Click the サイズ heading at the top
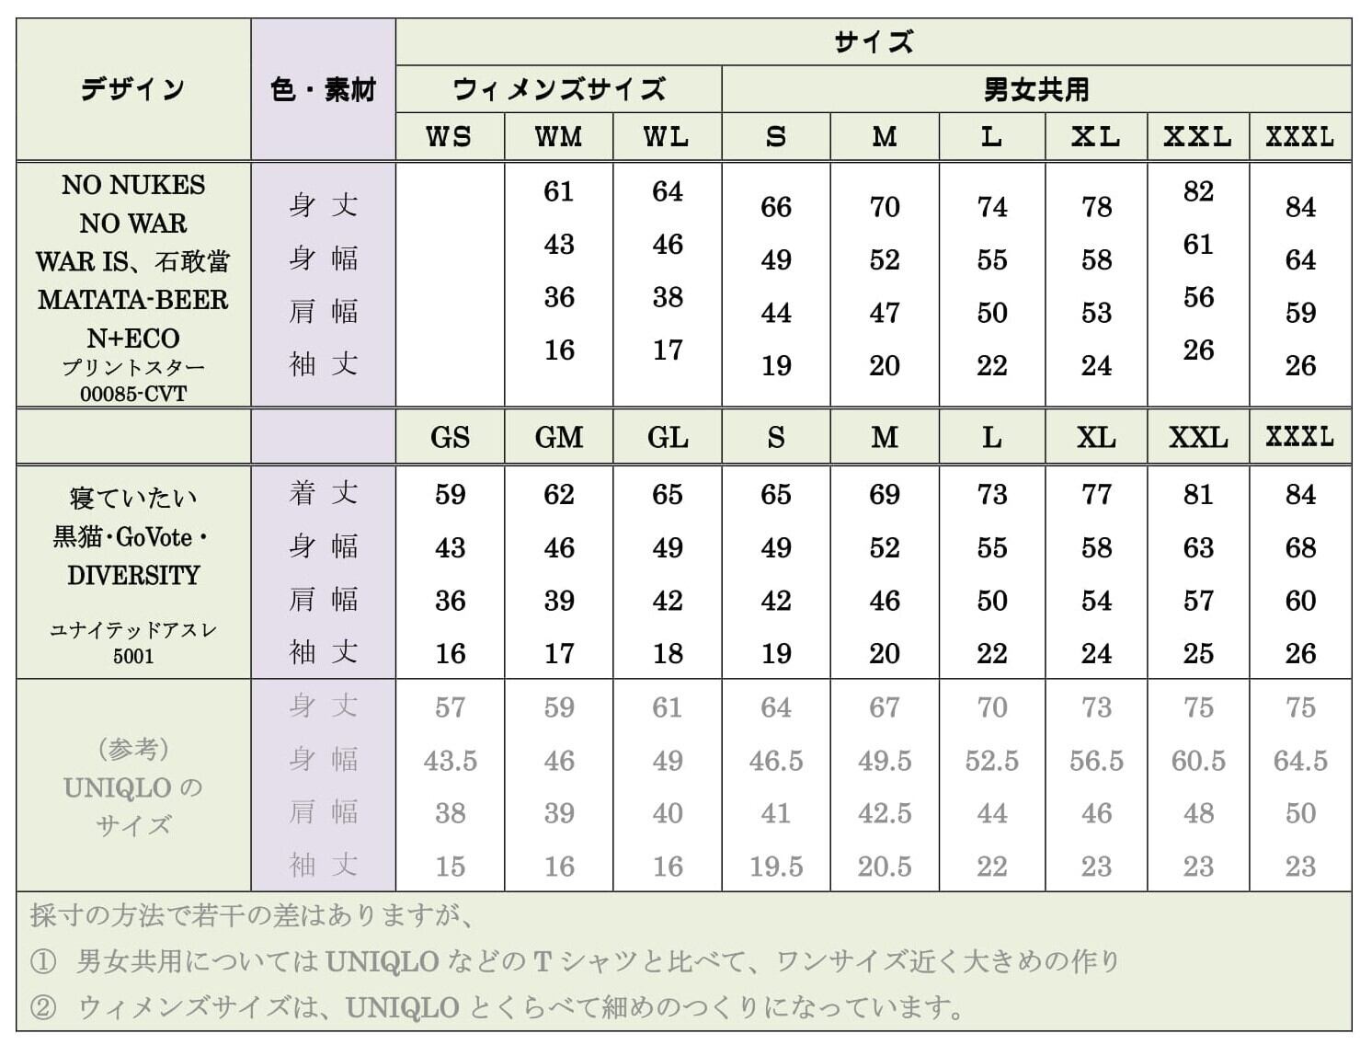point(873,42)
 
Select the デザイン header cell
point(133,89)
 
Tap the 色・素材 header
point(323,89)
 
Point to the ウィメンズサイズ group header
point(558,89)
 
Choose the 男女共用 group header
point(1036,89)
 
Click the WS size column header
point(449,137)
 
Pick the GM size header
point(558,437)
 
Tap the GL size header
point(667,437)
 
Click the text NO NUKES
point(133,185)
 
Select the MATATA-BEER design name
point(133,300)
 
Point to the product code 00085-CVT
point(133,394)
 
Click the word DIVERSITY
point(133,575)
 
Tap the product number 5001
point(133,656)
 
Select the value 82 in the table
point(1198,191)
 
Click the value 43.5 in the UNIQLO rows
point(450,761)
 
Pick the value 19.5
point(775,867)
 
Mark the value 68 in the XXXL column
point(1300,548)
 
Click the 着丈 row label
point(323,494)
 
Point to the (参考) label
point(133,749)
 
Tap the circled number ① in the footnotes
point(43,962)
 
